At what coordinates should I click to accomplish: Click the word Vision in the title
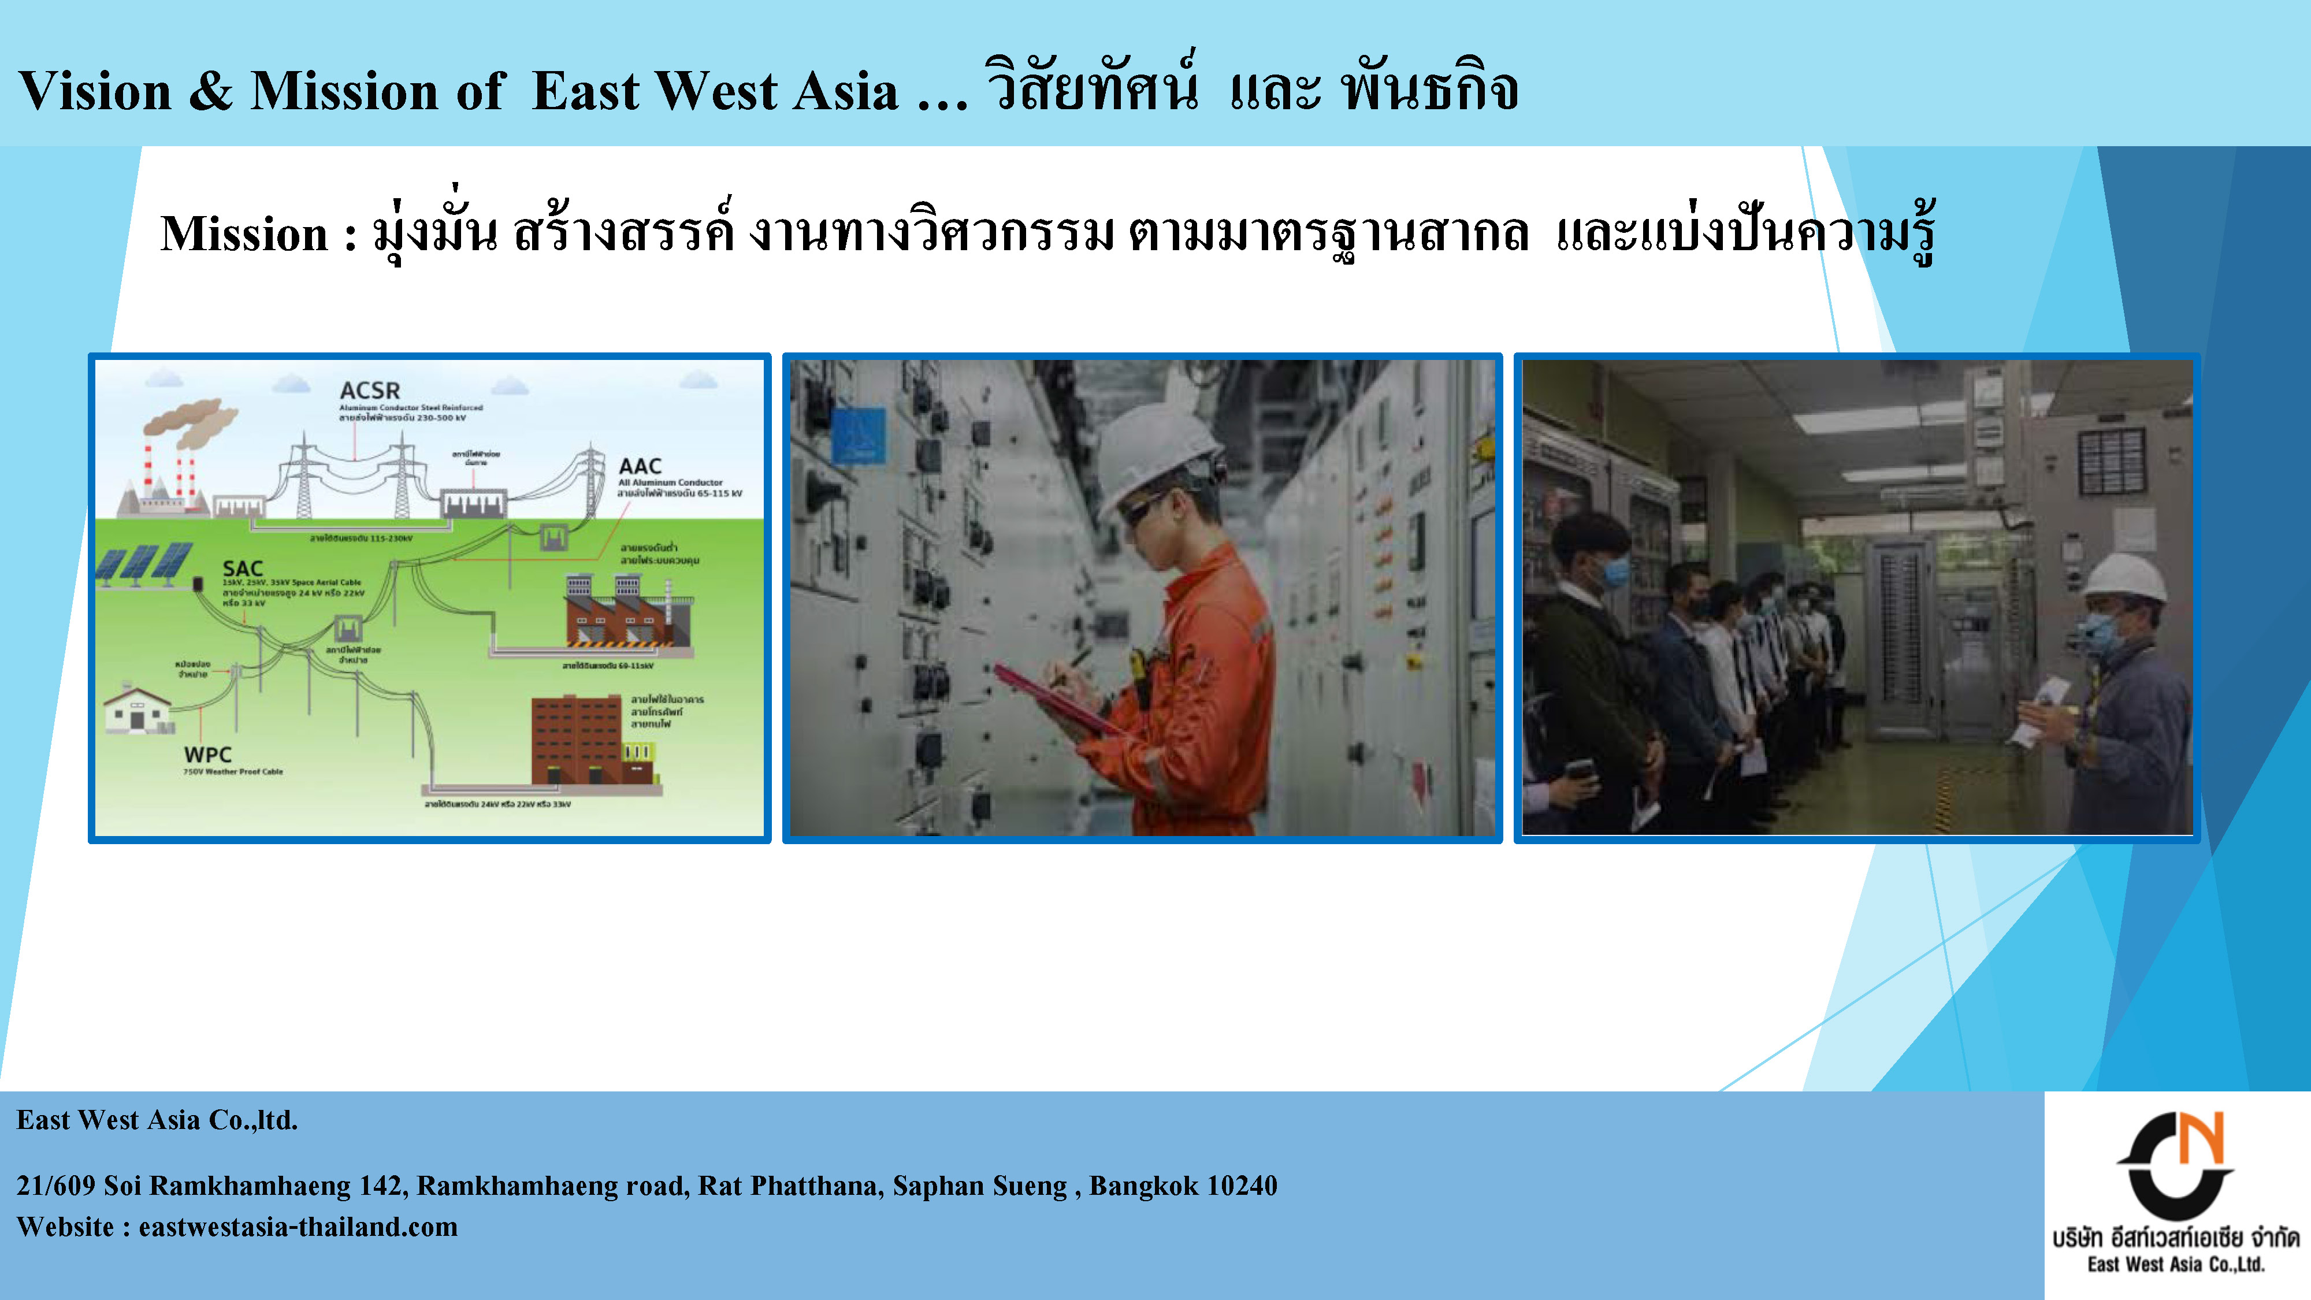95,91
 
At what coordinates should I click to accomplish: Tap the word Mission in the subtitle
244,235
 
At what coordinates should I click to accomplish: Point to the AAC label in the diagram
640,466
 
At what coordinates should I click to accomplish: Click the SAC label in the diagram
242,569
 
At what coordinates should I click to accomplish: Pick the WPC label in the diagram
207,755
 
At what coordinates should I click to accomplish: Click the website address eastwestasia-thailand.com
298,1227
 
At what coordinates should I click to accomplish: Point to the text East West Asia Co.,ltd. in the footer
157,1120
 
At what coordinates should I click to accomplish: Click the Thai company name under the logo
2176,1239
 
